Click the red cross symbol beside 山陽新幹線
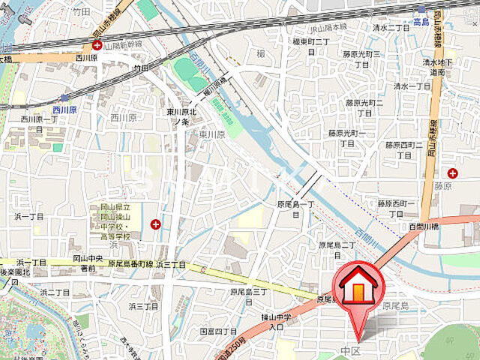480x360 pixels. tap(97, 44)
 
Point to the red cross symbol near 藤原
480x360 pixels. tap(451, 173)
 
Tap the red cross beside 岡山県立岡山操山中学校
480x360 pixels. tap(155, 223)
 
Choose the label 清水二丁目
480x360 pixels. tap(390, 27)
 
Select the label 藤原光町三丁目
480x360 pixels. tap(362, 58)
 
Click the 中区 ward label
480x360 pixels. tap(352, 350)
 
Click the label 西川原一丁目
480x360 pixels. tap(40, 118)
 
